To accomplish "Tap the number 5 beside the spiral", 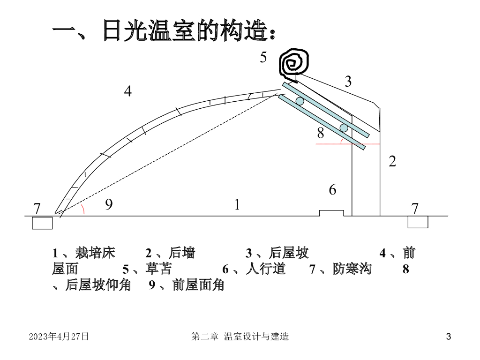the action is coord(263,58).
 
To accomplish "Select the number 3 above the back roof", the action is coord(348,82).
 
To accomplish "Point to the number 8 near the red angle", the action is coord(321,134).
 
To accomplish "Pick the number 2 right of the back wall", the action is coord(393,162).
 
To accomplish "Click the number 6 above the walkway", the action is coord(332,190).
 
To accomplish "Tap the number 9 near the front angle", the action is coord(109,204).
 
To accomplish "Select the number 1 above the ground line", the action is coord(238,205).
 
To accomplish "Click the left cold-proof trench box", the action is coord(42,223).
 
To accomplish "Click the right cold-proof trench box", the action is coord(418,222).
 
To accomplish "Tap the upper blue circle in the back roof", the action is coord(300,101).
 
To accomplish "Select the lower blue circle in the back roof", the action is coord(344,128).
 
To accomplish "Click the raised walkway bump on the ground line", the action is coord(331,213).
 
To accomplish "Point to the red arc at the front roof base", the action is coord(83,209).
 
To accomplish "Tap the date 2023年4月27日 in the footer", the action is coord(59,337).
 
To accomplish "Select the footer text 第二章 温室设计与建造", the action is coord(240,337).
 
